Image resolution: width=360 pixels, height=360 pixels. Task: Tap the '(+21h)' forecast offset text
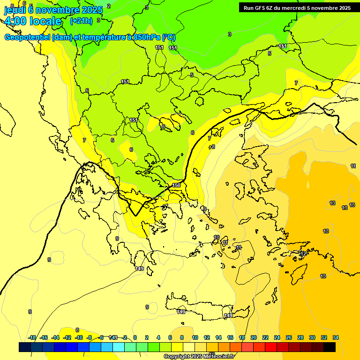(x=81, y=21)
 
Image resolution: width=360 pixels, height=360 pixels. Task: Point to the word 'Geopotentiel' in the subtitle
(x=27, y=37)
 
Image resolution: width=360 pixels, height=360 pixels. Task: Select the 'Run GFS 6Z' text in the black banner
(x=261, y=7)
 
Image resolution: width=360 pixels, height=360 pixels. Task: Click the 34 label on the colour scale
(x=336, y=337)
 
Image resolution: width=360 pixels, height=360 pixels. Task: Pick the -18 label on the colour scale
(x=32, y=337)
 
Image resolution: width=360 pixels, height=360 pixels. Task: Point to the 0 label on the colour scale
(x=135, y=337)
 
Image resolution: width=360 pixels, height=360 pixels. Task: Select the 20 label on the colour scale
(x=254, y=337)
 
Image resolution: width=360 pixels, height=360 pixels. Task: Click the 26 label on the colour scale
(x=289, y=337)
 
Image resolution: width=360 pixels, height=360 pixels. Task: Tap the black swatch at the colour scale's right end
(x=330, y=347)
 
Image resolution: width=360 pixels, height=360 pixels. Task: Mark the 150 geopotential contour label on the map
(x=176, y=185)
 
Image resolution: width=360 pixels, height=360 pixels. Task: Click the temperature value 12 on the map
(x=304, y=254)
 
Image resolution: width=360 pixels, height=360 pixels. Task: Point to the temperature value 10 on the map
(x=217, y=237)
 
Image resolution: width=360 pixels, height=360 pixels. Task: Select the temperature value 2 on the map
(x=109, y=6)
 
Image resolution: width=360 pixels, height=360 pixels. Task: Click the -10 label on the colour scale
(x=79, y=337)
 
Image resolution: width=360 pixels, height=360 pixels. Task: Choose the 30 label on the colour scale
(x=312, y=337)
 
